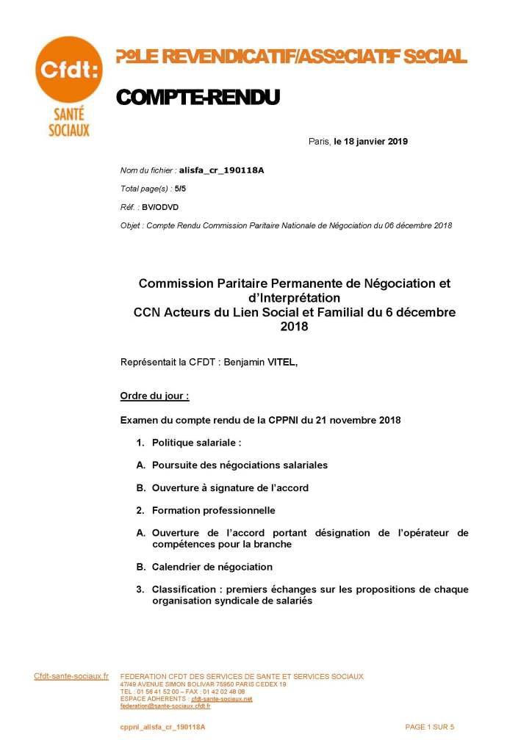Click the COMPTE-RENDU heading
tap(198, 98)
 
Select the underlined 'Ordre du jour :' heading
tap(154, 396)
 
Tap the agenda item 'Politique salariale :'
tap(196, 443)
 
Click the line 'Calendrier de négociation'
tap(212, 567)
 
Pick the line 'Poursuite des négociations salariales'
tap(240, 465)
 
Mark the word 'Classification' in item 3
tap(184, 589)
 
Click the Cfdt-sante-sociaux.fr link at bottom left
tap(71, 676)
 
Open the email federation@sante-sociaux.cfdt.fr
tap(165, 705)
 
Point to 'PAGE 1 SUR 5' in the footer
tap(430, 727)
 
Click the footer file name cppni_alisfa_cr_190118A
tap(162, 727)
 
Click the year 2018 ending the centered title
tap(294, 327)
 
